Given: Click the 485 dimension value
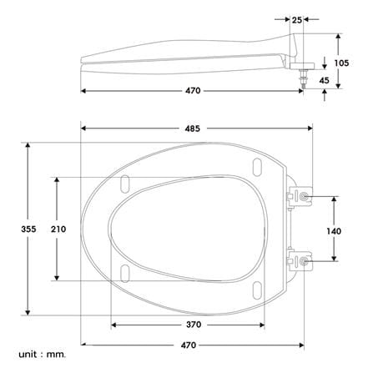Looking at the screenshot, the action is [x=193, y=129].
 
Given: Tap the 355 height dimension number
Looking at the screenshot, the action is [x=28, y=229].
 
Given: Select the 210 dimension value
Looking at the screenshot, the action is [x=58, y=229].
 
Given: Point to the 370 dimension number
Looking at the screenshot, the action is [x=194, y=325].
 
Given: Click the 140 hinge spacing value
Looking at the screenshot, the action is [x=334, y=231].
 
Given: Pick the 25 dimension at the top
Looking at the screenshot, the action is [x=297, y=20].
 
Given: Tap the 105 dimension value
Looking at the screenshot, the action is [x=341, y=63].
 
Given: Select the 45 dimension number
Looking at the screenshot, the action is [x=324, y=80].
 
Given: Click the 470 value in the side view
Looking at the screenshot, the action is [x=193, y=91].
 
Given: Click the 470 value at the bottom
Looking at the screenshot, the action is [x=189, y=345].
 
